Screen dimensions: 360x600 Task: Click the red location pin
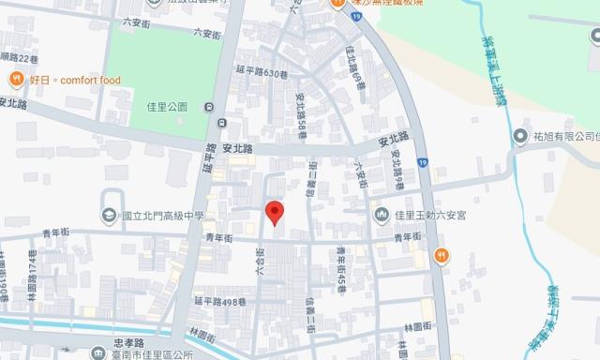tap(275, 213)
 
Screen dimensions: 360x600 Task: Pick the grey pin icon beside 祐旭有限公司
tap(519, 137)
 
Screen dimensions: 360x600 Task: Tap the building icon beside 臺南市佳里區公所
tap(99, 353)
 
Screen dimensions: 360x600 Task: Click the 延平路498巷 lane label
tap(219, 301)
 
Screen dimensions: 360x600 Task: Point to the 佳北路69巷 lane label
tap(356, 62)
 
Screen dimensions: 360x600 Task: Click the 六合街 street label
tap(258, 260)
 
